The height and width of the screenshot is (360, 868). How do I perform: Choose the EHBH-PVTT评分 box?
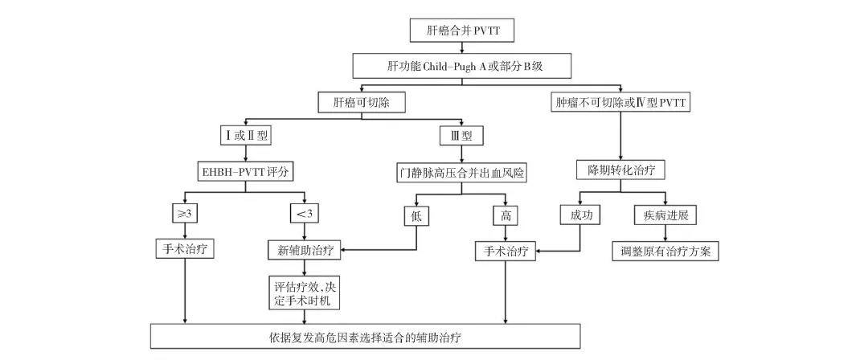[244, 171]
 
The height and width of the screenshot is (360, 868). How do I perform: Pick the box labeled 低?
[416, 215]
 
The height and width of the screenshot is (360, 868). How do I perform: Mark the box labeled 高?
[505, 215]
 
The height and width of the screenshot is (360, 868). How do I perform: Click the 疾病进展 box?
[665, 215]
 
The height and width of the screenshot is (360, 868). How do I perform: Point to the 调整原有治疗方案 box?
[665, 250]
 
